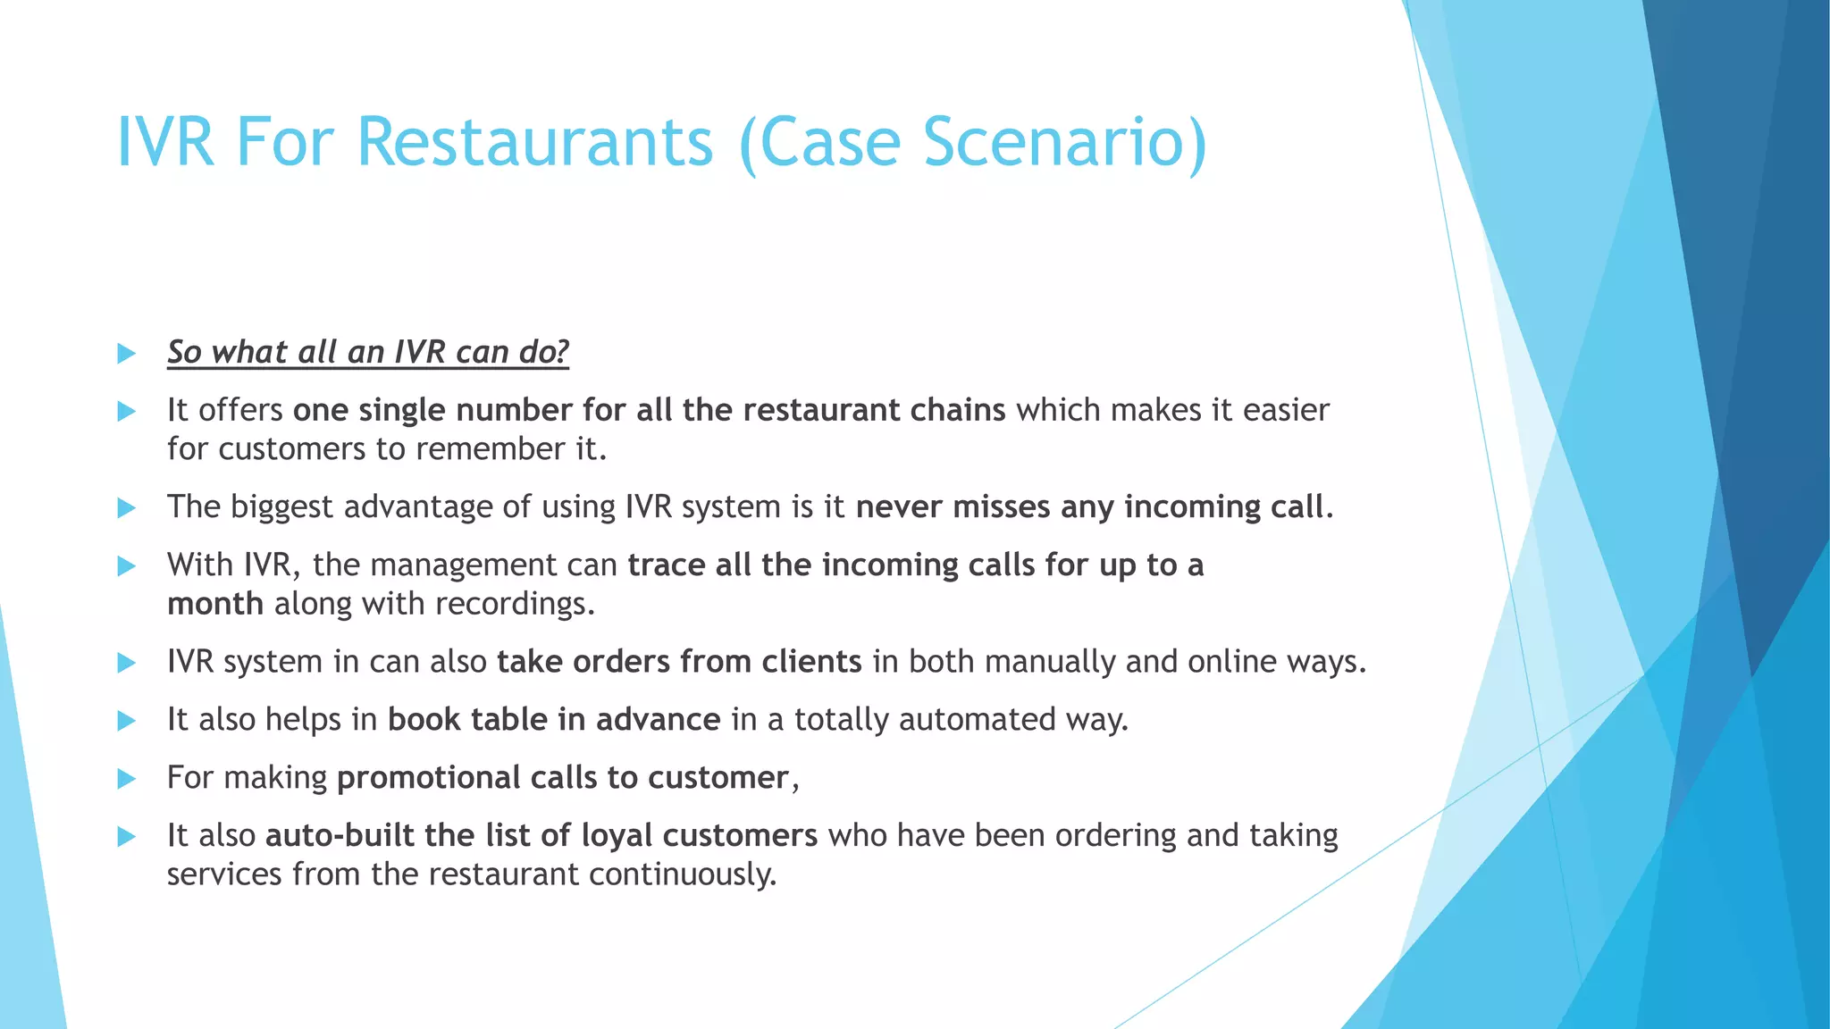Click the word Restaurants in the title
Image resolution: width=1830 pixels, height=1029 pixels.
click(x=535, y=142)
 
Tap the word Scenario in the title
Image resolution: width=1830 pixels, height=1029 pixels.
click(x=1064, y=142)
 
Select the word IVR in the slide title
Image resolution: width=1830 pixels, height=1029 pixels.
click(x=165, y=142)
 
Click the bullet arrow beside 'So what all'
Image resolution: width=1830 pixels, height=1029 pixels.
click(x=126, y=354)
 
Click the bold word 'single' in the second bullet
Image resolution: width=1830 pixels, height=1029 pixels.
click(x=402, y=410)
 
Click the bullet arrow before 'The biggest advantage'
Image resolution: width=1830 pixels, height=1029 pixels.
click(x=126, y=508)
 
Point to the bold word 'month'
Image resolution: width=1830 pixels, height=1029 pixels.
click(x=215, y=604)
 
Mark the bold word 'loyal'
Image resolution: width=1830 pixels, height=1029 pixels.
click(x=617, y=835)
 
